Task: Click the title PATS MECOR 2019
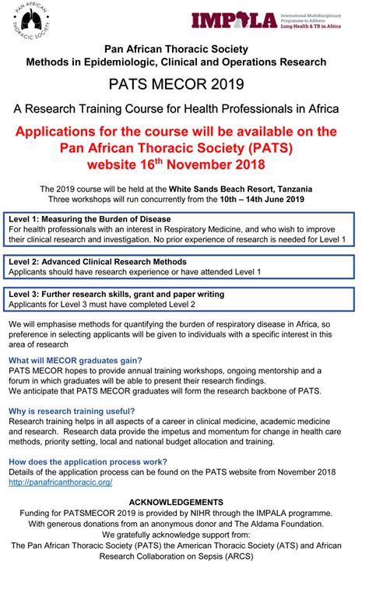coord(184,82)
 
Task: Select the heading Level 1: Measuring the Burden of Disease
coord(90,219)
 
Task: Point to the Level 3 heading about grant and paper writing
coord(116,294)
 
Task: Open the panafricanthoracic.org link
coord(60,482)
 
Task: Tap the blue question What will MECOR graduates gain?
coord(75,360)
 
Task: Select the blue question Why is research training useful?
coord(72,412)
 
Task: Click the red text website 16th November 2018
coord(184,164)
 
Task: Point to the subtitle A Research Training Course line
coord(184,108)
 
